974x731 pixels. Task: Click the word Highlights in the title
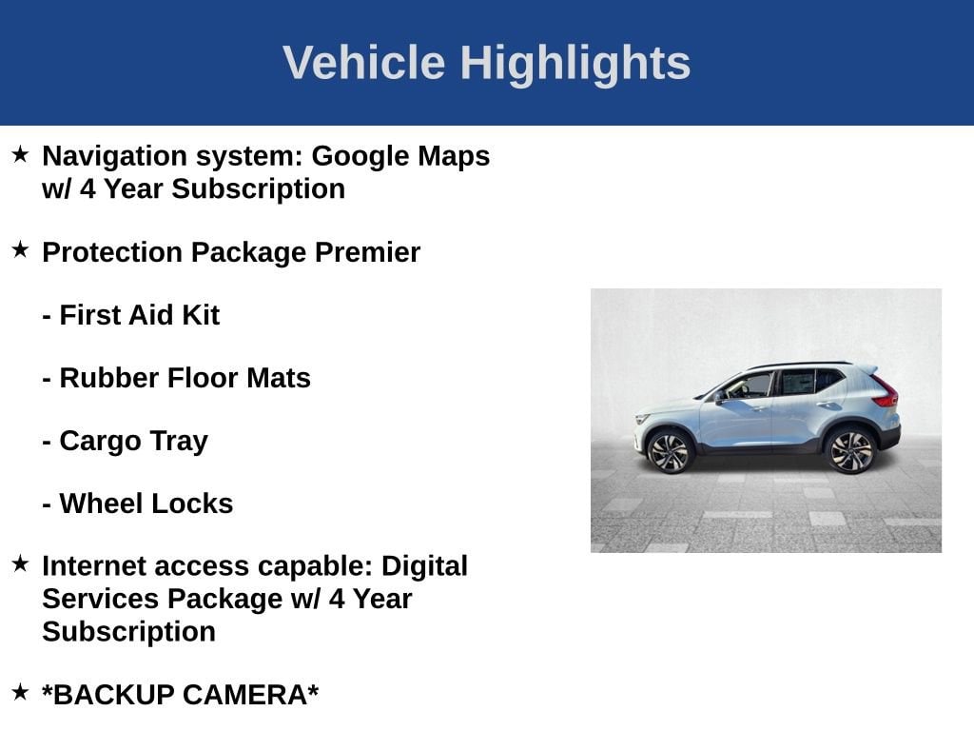coord(575,64)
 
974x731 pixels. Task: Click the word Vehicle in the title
coord(364,63)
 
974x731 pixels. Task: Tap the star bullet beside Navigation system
coord(21,154)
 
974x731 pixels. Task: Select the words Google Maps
coord(400,157)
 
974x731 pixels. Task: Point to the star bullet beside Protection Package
coord(21,250)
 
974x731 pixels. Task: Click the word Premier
coord(367,252)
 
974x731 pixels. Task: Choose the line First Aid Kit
coord(131,315)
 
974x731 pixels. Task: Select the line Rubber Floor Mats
coord(176,378)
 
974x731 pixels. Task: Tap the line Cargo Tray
coord(125,442)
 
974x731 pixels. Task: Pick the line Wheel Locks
coord(138,504)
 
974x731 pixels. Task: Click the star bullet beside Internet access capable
coord(21,563)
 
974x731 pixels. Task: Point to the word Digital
coord(424,567)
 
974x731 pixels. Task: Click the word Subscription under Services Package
coord(128,632)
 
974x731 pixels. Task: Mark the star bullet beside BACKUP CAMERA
coord(21,692)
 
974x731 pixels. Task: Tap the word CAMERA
coord(250,695)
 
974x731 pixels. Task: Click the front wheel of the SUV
coord(669,451)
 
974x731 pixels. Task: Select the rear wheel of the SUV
coord(850,450)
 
